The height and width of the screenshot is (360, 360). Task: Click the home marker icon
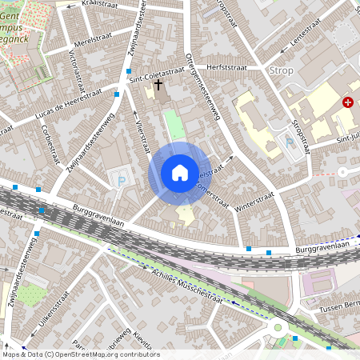coord(180,173)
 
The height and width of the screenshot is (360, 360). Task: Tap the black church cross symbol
coord(158,84)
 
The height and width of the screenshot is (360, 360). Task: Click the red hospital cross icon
coord(348,102)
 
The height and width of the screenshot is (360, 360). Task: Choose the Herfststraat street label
coord(226,68)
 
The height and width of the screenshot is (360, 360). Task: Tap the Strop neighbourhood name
coord(282,70)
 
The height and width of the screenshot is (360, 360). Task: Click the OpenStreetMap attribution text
coord(80,354)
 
